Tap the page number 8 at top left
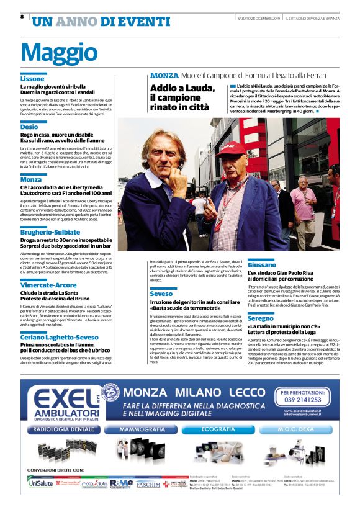pyautogui.click(x=22, y=17)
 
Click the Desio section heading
pyautogui.click(x=29, y=127)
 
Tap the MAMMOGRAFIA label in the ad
pyautogui.click(x=143, y=429)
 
